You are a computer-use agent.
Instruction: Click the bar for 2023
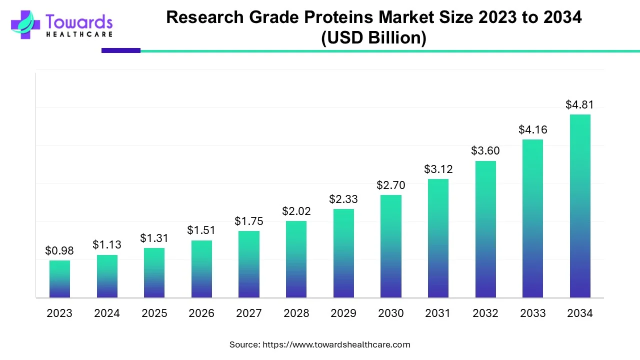coord(59,279)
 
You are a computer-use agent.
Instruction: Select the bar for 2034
coord(580,206)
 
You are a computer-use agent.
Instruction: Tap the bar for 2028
coord(296,259)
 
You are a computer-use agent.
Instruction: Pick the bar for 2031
coord(438,238)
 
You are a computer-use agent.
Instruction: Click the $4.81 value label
coord(579,105)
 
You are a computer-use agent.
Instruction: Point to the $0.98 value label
coord(59,250)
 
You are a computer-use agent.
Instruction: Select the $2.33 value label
coord(343,199)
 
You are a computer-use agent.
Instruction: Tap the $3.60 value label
coord(485,151)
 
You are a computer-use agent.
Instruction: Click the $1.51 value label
coord(201,230)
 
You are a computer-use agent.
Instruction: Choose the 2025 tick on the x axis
coord(154,313)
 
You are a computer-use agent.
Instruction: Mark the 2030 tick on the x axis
coord(390,313)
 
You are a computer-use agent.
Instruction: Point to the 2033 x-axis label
coord(532,313)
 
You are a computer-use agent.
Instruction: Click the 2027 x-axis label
coord(248,313)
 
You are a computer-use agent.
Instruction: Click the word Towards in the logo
coord(79,21)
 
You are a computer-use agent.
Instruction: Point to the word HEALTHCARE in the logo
coord(79,34)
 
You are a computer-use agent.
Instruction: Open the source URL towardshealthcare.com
coord(336,344)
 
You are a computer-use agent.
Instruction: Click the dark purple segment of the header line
coord(120,50)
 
